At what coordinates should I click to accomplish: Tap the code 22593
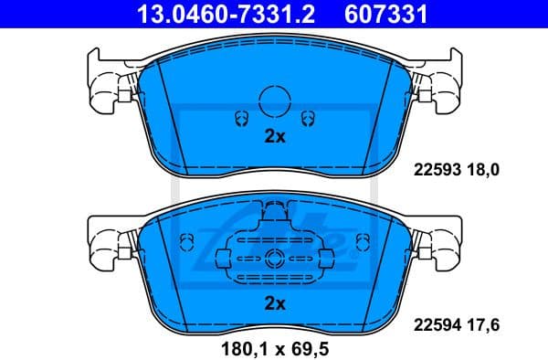[437, 170]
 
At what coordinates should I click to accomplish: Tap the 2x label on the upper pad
[275, 137]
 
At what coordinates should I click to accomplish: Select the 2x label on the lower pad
[275, 302]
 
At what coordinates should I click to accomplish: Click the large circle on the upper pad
[275, 100]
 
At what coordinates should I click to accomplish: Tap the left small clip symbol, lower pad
[187, 243]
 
